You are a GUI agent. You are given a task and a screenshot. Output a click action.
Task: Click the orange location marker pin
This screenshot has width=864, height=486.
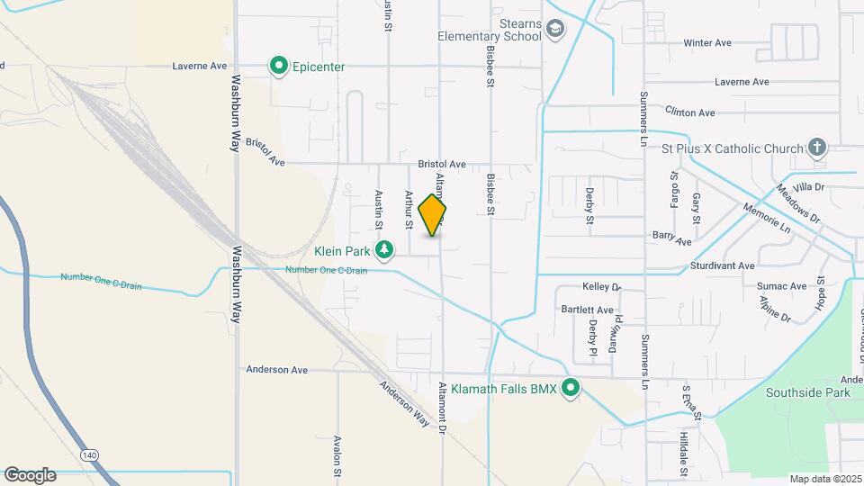433,214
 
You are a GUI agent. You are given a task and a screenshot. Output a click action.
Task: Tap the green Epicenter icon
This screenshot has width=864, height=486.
279,66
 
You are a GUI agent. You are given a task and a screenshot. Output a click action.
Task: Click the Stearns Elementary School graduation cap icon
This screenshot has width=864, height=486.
556,29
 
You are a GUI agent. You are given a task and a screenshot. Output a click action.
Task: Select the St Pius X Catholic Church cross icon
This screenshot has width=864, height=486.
816,147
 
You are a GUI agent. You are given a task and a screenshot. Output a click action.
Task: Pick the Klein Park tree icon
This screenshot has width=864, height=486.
385,249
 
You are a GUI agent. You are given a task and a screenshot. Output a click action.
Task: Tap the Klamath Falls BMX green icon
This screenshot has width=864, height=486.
571,389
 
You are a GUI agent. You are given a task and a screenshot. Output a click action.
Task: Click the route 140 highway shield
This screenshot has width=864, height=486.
89,456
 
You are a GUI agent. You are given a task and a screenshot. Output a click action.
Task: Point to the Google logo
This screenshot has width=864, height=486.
29,475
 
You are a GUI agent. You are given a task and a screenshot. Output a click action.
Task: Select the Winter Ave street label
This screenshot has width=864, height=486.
707,43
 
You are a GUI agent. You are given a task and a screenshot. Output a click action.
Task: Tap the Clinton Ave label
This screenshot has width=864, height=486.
689,112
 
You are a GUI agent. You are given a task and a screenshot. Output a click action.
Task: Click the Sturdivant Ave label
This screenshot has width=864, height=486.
722,266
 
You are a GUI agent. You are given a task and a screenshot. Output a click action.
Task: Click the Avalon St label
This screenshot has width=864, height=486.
337,457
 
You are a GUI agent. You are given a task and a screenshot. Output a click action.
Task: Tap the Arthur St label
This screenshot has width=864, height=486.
409,209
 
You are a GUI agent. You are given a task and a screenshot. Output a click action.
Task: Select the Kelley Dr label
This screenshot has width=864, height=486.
602,287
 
